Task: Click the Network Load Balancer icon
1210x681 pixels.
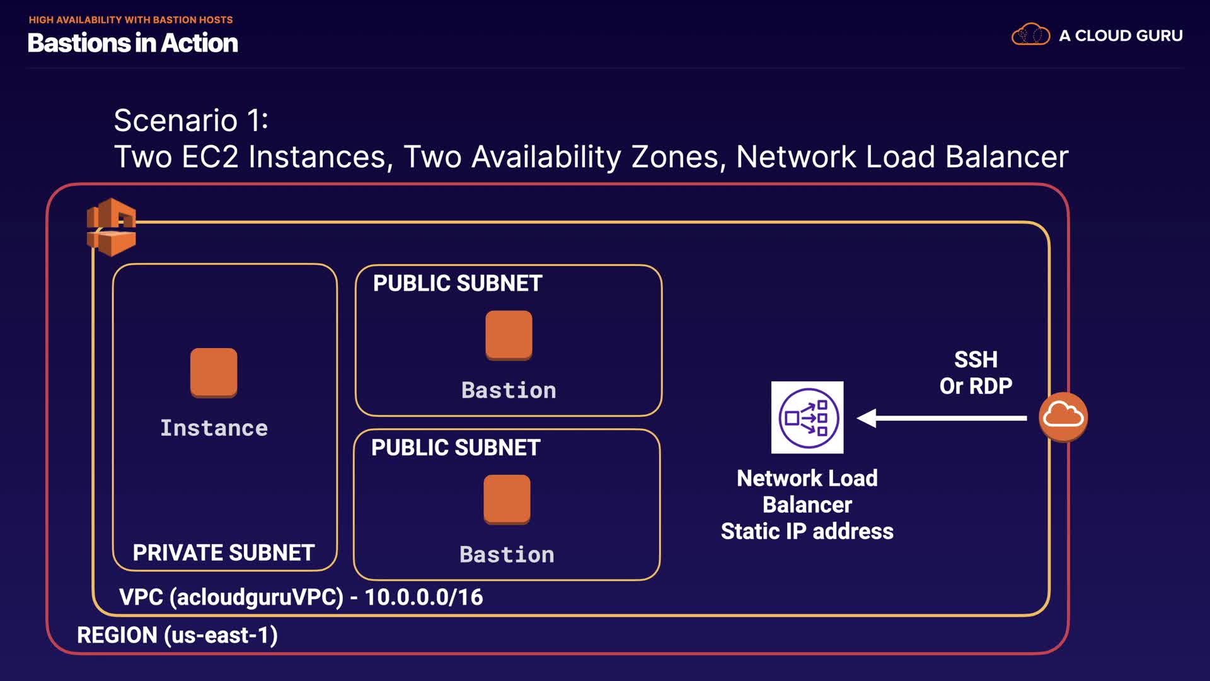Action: click(807, 417)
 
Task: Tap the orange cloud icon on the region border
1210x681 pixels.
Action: click(1063, 416)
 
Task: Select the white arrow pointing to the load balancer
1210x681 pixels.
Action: click(942, 417)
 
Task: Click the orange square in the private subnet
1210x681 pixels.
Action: click(214, 372)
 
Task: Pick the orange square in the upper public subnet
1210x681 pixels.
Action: click(509, 335)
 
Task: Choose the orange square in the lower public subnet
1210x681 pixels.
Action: click(507, 499)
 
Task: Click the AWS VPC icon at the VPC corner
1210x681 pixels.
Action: click(112, 227)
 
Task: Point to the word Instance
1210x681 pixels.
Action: click(214, 428)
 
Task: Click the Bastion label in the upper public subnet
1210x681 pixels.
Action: click(509, 390)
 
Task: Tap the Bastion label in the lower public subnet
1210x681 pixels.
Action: click(507, 555)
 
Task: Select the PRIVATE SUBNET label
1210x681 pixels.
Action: click(223, 553)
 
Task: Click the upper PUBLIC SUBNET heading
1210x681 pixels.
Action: click(458, 284)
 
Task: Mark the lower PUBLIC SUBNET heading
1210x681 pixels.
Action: click(456, 448)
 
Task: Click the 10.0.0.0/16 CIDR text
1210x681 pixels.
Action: click(423, 597)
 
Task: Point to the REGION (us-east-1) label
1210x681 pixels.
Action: click(177, 635)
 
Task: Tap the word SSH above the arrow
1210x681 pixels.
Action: click(976, 359)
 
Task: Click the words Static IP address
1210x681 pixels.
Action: click(807, 532)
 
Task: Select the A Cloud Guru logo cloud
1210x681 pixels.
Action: click(1030, 35)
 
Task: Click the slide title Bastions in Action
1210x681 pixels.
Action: click(133, 43)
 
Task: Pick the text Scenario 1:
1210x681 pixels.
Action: click(191, 120)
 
